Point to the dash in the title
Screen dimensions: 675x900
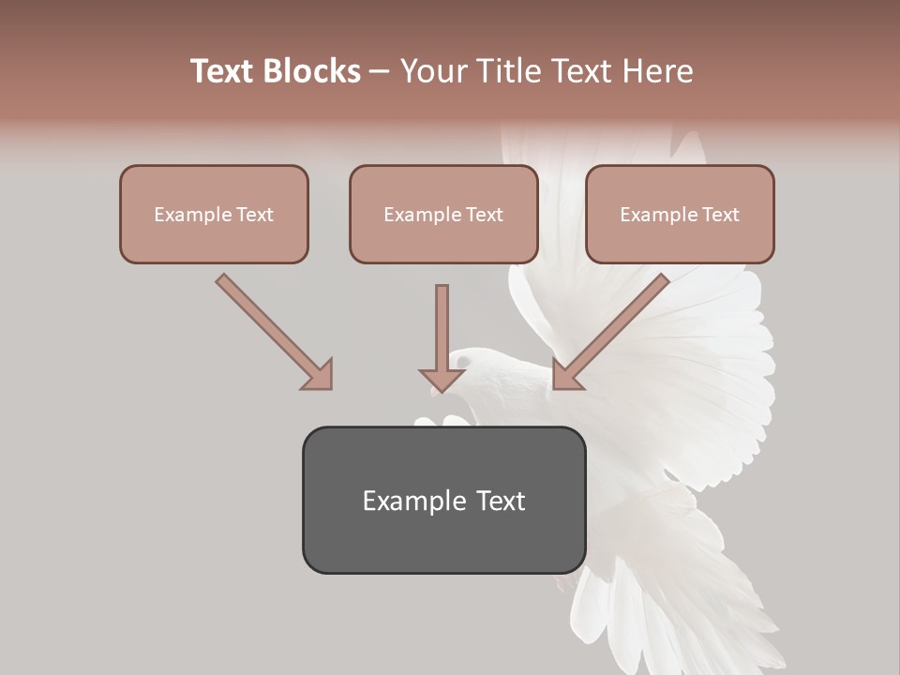point(380,72)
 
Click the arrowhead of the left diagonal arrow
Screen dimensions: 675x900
point(319,375)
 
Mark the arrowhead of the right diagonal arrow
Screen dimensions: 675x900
point(566,375)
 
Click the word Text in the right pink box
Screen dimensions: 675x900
point(720,215)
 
